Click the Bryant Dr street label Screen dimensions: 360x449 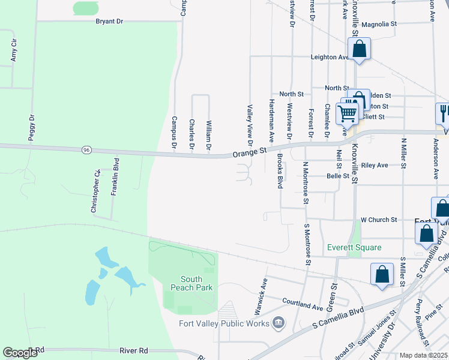click(x=109, y=21)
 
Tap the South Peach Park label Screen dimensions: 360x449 click(x=196, y=283)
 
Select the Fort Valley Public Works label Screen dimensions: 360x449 click(x=224, y=324)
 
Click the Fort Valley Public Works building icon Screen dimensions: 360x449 click(x=278, y=323)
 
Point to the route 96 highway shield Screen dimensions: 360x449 click(x=86, y=149)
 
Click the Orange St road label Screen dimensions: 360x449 click(x=249, y=152)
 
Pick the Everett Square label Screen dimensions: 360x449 click(x=354, y=247)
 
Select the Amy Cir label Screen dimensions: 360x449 click(x=13, y=52)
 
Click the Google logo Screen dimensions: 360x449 click(x=20, y=353)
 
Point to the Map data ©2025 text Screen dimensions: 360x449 click(x=424, y=355)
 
